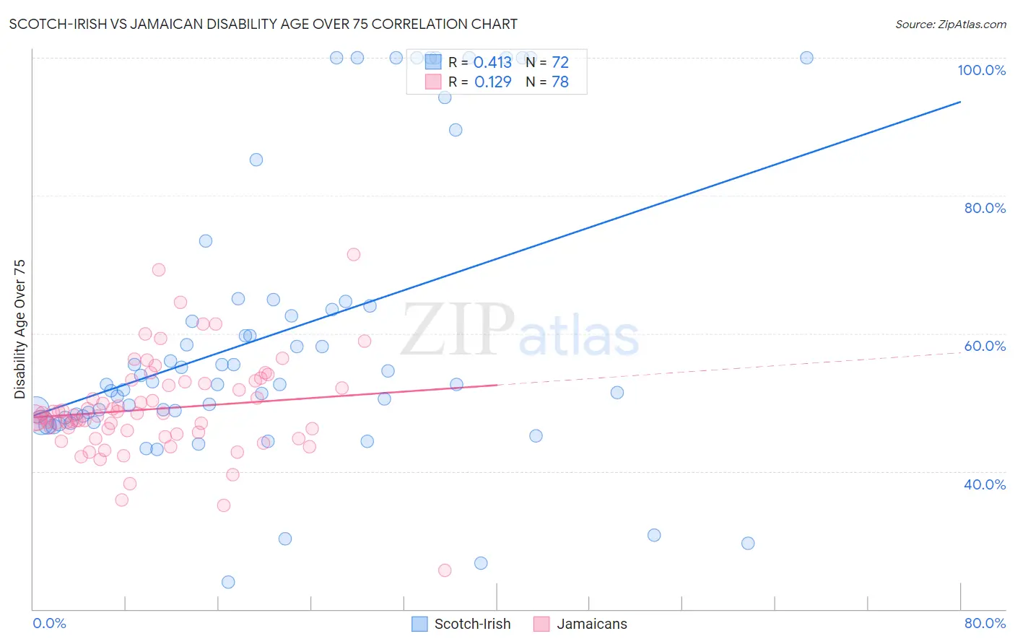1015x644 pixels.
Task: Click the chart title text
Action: point(263,25)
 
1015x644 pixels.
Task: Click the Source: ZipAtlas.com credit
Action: point(950,25)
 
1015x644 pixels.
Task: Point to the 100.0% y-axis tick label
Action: point(981,70)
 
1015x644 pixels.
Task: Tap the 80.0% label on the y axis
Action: point(985,208)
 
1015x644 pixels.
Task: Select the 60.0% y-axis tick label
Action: point(985,346)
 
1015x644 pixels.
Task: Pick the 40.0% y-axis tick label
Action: point(985,484)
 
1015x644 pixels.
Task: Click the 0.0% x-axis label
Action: point(49,623)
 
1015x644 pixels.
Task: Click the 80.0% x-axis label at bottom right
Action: point(985,623)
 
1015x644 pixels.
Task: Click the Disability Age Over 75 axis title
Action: point(20,329)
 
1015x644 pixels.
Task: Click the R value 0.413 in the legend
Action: point(492,63)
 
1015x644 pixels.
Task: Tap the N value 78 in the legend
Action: point(560,82)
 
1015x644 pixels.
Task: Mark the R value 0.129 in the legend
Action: point(492,82)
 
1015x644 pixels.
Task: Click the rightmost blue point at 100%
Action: point(806,58)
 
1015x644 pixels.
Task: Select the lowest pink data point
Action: point(445,570)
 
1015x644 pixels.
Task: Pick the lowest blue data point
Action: point(228,582)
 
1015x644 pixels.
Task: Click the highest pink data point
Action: point(354,254)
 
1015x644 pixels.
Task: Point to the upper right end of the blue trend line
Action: point(959,102)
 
